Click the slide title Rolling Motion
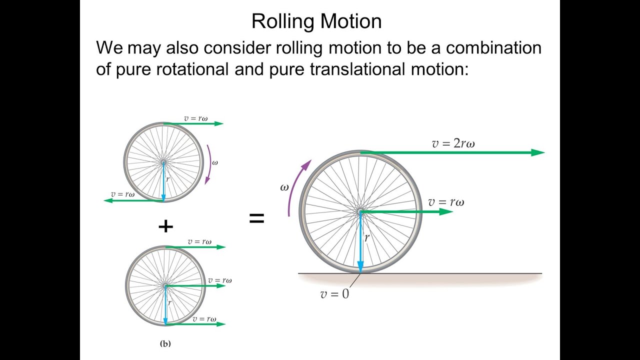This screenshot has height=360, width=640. coord(316,21)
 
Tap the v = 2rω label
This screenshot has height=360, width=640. coord(453,143)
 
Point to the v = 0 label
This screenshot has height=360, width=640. coord(334,294)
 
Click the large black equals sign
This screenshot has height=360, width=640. coord(256,218)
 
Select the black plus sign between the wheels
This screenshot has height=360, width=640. coord(165,227)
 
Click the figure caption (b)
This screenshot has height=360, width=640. coord(165,343)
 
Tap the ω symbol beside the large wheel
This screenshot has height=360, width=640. coord(284,187)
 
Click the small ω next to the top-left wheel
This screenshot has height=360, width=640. coord(215,162)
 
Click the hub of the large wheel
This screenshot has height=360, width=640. coord(360,212)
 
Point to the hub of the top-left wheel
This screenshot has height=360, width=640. coord(163,162)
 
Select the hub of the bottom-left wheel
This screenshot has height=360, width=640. coord(165,285)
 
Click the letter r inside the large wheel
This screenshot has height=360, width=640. coord(366,238)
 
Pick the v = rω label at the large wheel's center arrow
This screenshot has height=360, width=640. coord(446,202)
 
